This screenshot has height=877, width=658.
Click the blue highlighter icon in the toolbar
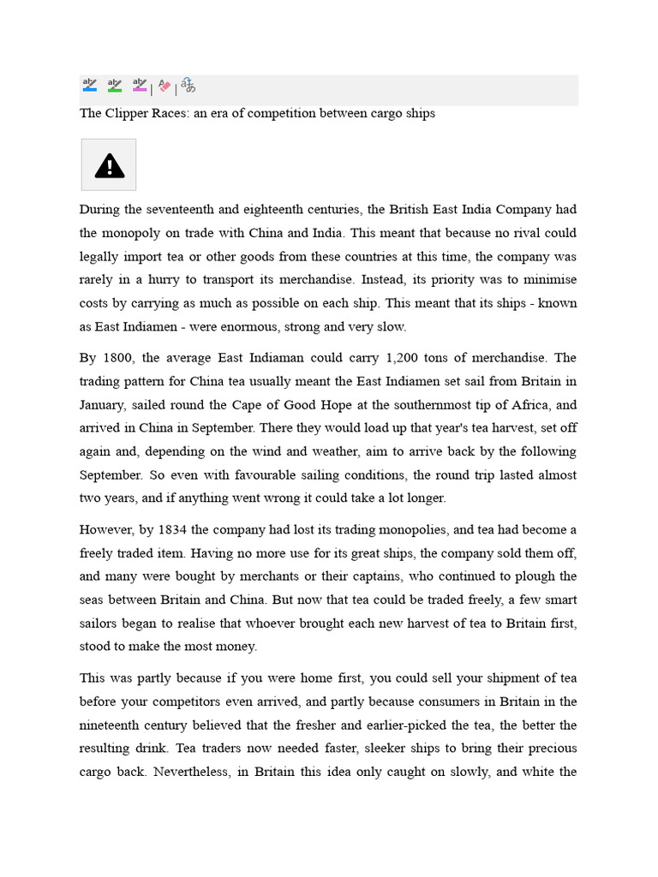[x=90, y=85]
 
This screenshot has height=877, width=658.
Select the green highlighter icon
[x=114, y=85]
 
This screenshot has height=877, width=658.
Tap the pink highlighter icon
[x=139, y=85]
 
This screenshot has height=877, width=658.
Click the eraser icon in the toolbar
[x=164, y=86]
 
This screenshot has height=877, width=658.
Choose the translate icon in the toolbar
[x=188, y=86]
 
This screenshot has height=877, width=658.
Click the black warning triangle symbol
[x=109, y=165]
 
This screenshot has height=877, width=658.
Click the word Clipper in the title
[x=125, y=113]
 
